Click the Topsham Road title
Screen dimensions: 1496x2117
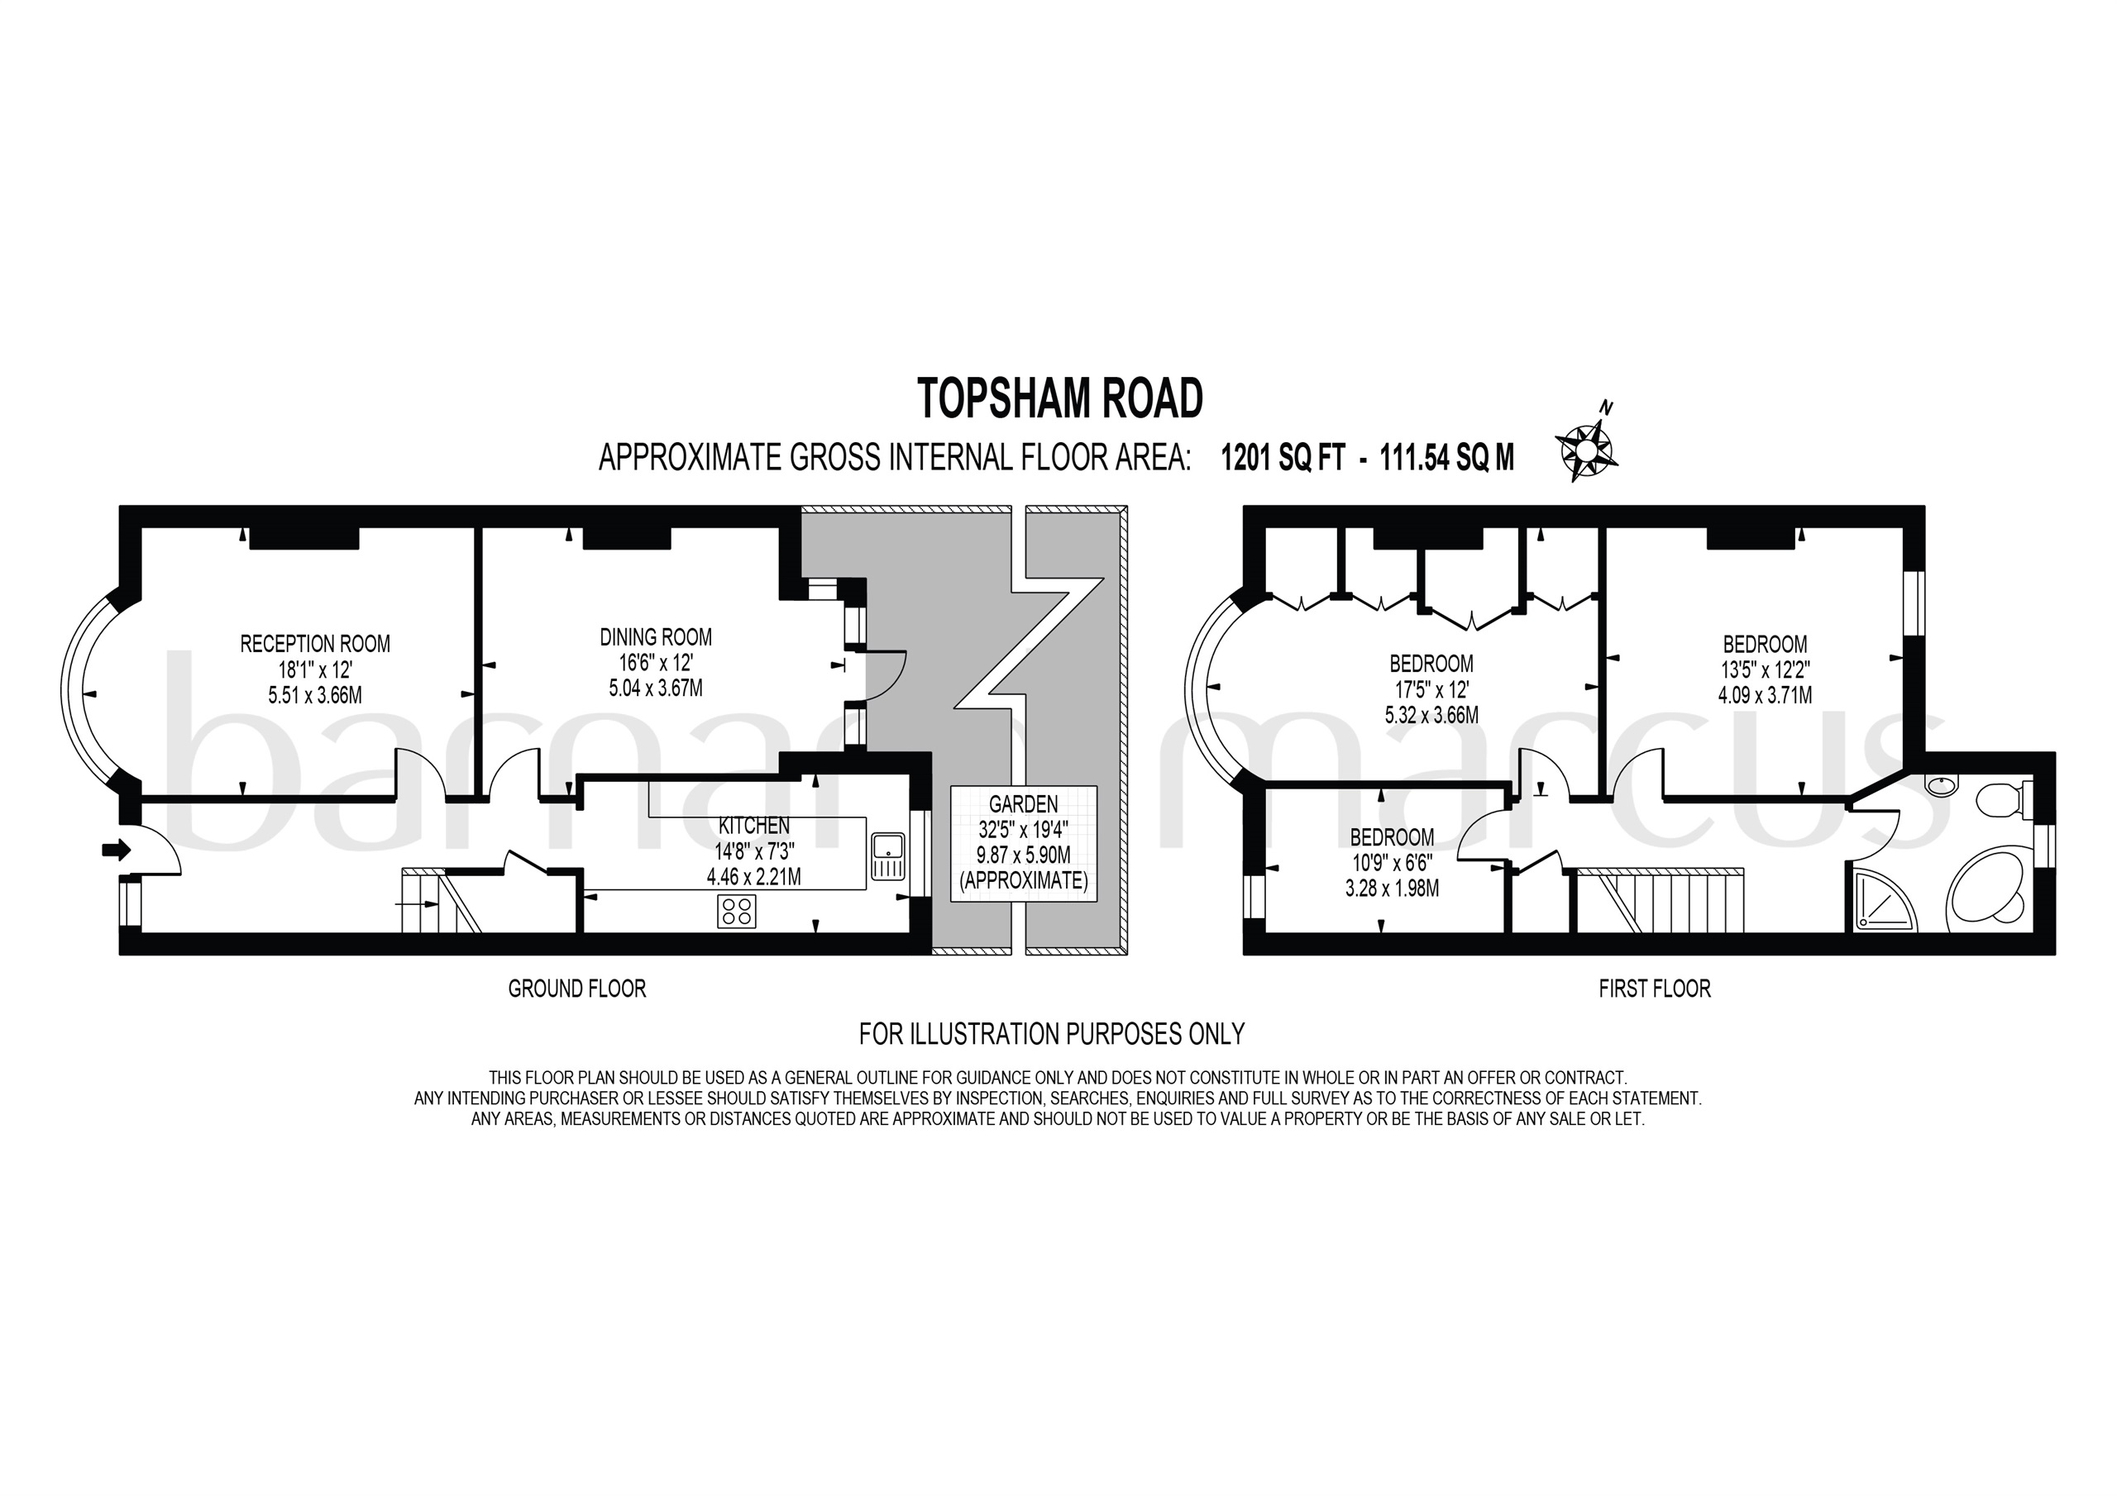pyautogui.click(x=1060, y=399)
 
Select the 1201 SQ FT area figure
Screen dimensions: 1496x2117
pyautogui.click(x=1283, y=458)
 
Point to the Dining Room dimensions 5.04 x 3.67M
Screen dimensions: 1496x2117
pyautogui.click(x=656, y=688)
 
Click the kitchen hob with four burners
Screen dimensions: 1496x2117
pyautogui.click(x=737, y=912)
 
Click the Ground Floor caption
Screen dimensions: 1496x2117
pyautogui.click(x=577, y=989)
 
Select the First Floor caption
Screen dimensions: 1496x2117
pyautogui.click(x=1654, y=989)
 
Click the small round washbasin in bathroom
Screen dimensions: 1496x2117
pyautogui.click(x=1941, y=786)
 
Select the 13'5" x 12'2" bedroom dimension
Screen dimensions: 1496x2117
pyautogui.click(x=1765, y=670)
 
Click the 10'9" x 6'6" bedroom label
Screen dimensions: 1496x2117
pyautogui.click(x=1392, y=863)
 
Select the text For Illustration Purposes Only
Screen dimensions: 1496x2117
pyautogui.click(x=1051, y=1034)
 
